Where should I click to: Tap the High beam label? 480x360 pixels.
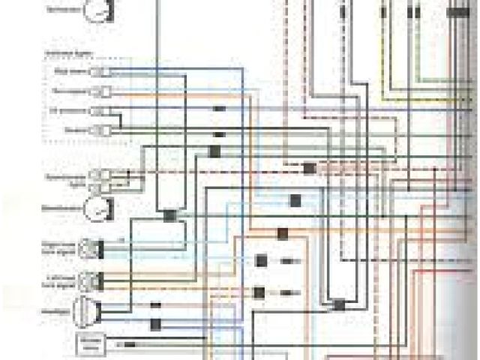coord(73,71)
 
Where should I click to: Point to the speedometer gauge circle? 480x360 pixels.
coord(95,208)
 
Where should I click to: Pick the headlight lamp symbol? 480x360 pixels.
coord(86,310)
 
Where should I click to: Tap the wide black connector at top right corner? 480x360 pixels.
coord(454,13)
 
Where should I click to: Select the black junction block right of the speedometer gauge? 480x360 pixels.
coord(169,215)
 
